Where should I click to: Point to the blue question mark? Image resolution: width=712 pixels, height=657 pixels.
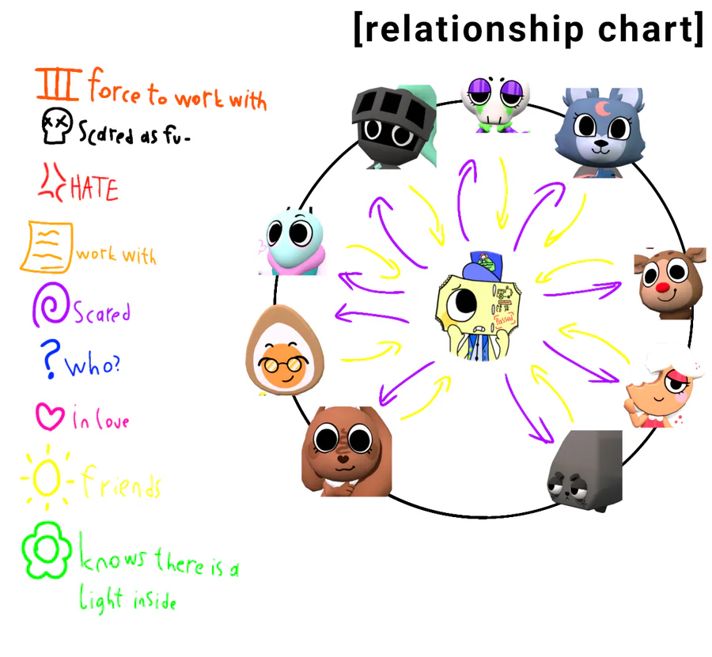[51, 361]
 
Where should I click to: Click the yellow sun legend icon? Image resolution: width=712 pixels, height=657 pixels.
[47, 477]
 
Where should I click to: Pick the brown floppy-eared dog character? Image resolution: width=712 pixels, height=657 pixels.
[342, 446]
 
